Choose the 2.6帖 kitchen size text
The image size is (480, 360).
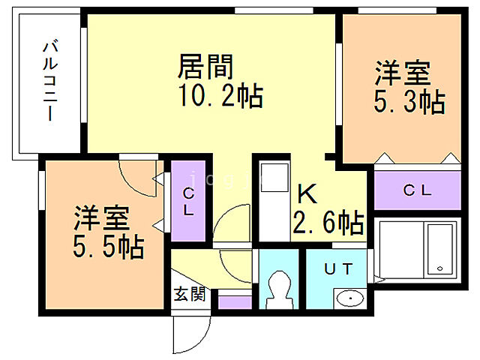[x=328, y=223]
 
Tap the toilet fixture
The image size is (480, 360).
[x=279, y=289]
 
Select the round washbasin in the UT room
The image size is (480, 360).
[x=349, y=298]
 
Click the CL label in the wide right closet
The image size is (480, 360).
[x=418, y=190]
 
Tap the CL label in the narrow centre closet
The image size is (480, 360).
[x=188, y=201]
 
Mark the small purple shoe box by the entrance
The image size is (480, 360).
[x=235, y=301]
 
